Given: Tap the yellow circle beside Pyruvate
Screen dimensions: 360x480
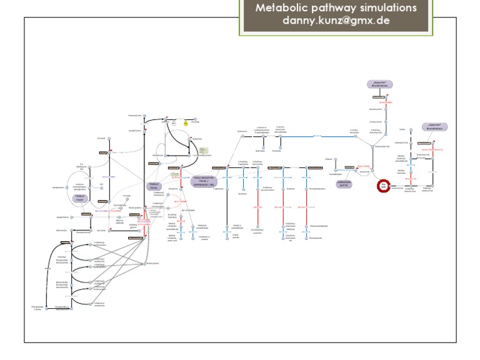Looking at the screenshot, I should click(185, 123).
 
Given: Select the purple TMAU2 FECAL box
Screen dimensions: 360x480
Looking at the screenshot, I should click(154, 186).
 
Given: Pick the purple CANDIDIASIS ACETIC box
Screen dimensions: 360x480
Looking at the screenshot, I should click(343, 184).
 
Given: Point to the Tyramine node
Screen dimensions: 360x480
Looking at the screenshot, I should click(284, 187).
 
